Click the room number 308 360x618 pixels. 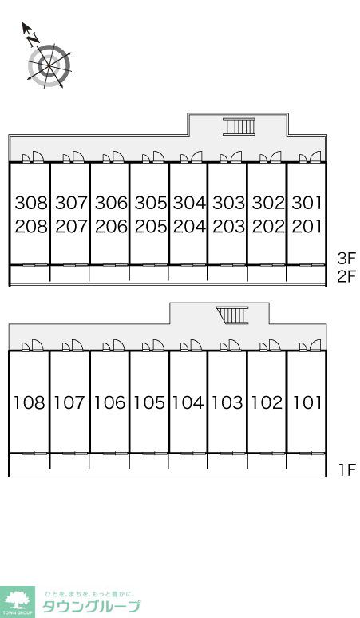31,203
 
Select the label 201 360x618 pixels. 307,226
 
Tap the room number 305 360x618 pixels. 151,203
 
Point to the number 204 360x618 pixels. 189,226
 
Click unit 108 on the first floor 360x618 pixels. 30,402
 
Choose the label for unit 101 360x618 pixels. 307,402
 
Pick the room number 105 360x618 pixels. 149,402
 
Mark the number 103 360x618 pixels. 227,402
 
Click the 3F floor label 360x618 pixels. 346,259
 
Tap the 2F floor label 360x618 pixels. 346,277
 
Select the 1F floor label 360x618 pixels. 347,469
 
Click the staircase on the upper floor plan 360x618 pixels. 239,126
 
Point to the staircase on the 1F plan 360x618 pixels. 233,315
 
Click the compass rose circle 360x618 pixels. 49,65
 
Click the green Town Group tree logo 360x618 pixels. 18,602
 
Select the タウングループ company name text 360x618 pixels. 91,606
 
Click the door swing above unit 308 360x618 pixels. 33,156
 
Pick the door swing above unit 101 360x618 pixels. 311,345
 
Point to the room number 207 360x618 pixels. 71,226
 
